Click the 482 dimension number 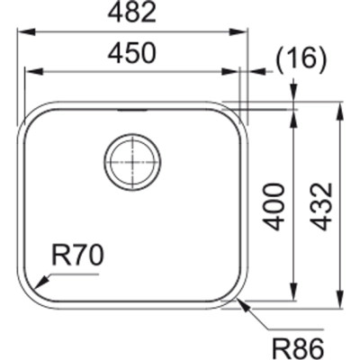pyautogui.click(x=134, y=13)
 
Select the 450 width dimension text pyautogui.click(x=134, y=54)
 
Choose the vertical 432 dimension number pyautogui.click(x=321, y=205)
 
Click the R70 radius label pyautogui.click(x=77, y=256)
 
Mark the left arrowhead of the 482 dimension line pyautogui.click(x=22, y=31)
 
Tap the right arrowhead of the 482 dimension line pyautogui.click(x=244, y=31)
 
